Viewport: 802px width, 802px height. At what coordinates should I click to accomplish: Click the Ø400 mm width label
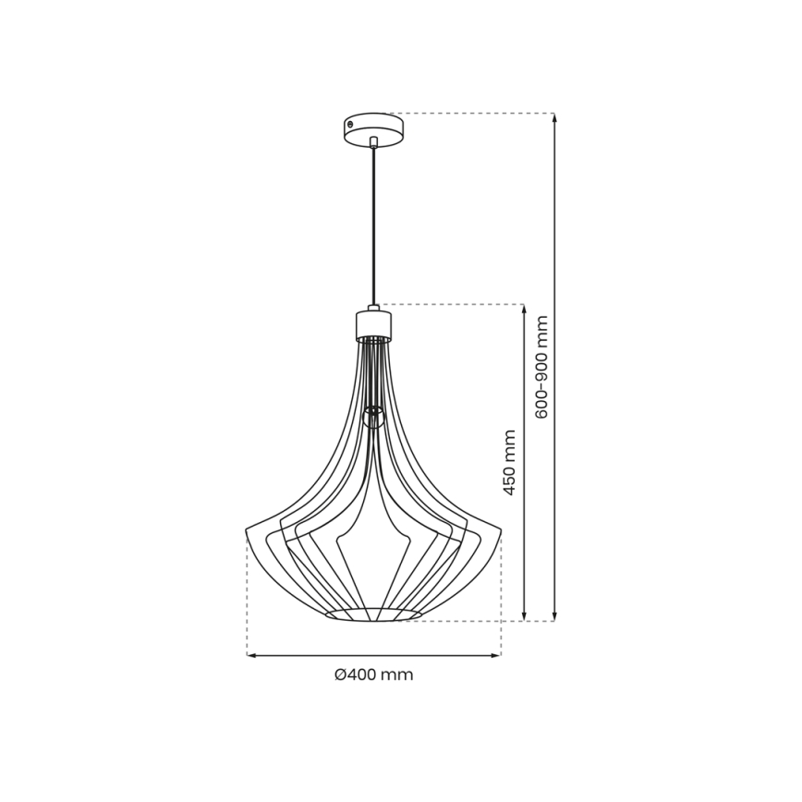373,674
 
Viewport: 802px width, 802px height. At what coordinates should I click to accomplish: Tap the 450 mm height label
509,462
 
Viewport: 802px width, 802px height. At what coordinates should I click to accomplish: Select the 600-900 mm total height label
541,367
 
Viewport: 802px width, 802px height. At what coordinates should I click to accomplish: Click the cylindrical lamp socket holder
373,324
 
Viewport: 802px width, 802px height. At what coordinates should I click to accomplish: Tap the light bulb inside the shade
373,416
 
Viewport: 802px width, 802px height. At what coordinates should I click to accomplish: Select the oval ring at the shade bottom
373,614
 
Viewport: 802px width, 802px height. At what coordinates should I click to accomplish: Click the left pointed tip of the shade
248,529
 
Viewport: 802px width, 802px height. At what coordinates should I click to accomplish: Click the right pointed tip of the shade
499,529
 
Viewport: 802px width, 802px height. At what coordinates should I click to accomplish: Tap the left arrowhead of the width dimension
250,655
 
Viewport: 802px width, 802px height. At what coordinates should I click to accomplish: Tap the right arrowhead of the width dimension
497,655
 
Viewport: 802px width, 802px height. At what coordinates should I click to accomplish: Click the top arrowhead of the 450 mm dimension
524,309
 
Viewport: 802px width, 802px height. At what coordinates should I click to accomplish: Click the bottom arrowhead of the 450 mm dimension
524,616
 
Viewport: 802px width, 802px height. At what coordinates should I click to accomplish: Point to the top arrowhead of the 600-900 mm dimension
554,117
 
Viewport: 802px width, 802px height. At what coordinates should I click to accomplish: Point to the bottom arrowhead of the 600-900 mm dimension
554,616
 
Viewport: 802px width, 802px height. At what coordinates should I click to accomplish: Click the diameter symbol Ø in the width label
340,674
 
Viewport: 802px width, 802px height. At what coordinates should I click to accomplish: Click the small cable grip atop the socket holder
373,308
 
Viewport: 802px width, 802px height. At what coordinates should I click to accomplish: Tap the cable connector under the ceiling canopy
373,142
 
